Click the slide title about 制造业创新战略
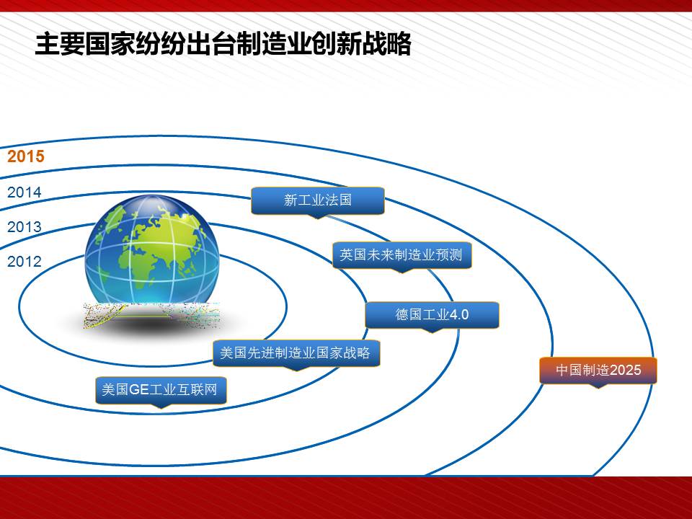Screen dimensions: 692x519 point(223,44)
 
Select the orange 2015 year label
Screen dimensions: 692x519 point(26,156)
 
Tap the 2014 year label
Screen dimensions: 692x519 point(25,192)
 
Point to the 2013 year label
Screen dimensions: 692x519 point(25,227)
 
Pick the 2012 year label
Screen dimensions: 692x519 point(25,261)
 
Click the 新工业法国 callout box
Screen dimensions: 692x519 point(318,201)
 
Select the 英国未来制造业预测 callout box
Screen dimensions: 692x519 point(402,255)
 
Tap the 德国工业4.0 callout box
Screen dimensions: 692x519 point(432,315)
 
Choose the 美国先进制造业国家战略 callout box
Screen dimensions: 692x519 point(296,353)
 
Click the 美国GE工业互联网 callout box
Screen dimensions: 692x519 point(161,390)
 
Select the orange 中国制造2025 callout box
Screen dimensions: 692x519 point(598,371)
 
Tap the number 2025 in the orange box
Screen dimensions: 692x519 point(626,370)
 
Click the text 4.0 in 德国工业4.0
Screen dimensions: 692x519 point(459,315)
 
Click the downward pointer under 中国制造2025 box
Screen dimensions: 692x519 point(598,386)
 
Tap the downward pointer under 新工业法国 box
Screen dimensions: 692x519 point(318,216)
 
